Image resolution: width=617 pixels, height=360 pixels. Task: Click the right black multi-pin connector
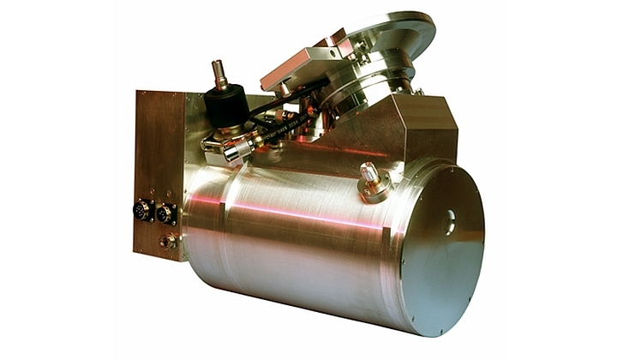tap(165, 213)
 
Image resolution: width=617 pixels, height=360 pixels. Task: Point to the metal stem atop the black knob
tap(219, 73)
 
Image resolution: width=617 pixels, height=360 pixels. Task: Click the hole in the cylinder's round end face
tap(448, 225)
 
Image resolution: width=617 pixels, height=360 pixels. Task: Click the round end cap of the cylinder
tap(441, 249)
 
